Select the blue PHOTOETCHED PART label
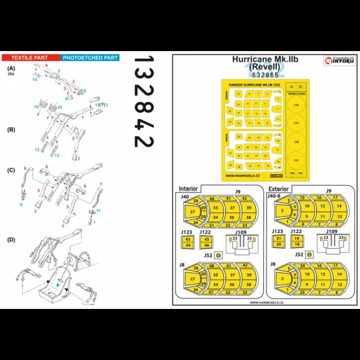[x=90, y=58]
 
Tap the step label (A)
[x=11, y=68]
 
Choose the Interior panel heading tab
[x=188, y=189]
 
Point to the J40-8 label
[x=276, y=195]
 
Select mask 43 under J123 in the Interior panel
[x=188, y=241]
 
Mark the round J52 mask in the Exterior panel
[x=310, y=254]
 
